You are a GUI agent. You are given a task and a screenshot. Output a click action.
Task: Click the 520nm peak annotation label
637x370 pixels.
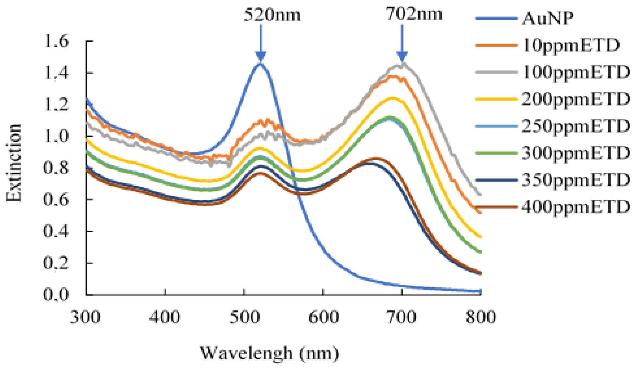[x=272, y=15]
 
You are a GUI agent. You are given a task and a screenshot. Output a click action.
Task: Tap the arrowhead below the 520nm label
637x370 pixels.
[x=261, y=56]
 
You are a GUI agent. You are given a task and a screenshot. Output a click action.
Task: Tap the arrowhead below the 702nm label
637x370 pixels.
[x=402, y=56]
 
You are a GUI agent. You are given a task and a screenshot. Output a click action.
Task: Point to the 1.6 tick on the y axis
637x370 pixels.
[x=56, y=41]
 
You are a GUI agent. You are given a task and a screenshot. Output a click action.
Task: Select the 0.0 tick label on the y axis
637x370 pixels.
[x=56, y=295]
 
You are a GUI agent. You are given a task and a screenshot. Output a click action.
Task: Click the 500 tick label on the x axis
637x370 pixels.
[x=244, y=317]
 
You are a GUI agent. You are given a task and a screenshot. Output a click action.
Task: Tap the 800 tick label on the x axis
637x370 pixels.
[x=481, y=317]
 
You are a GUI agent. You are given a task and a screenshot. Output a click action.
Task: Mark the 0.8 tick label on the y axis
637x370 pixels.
[x=56, y=168]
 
